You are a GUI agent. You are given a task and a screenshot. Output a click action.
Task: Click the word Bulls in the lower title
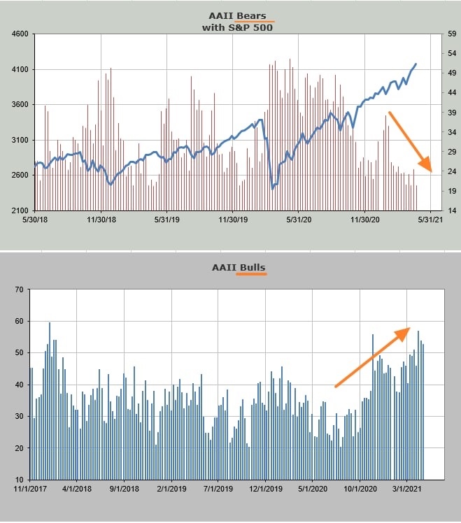[x=251, y=267]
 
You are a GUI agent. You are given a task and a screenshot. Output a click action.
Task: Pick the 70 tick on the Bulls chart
[x=18, y=289]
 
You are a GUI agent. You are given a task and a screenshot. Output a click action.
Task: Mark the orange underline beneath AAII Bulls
[x=251, y=274]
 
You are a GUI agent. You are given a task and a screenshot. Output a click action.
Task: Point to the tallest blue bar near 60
[x=50, y=323]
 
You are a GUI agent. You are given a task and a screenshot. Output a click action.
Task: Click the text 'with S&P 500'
[x=230, y=27]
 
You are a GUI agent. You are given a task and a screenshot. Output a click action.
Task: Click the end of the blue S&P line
[x=416, y=64]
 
